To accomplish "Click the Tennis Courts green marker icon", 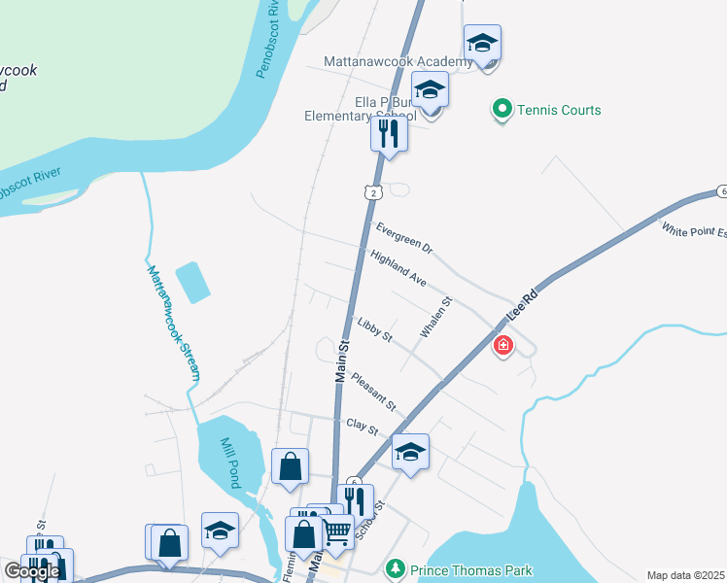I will [x=502, y=110].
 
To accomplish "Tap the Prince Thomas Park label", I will [x=470, y=570].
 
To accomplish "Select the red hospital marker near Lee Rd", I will [x=502, y=344].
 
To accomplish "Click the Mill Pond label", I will [x=230, y=448].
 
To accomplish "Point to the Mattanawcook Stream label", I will [x=173, y=323].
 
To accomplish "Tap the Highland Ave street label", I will [x=398, y=267].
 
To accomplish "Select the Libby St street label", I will [x=374, y=330].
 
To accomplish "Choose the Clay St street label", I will [x=362, y=425].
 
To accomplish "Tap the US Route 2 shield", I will [x=372, y=193].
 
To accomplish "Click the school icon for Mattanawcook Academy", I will [x=482, y=44].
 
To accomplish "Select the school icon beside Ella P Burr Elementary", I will [x=430, y=91].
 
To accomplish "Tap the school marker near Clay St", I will [x=410, y=453].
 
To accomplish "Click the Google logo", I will [x=32, y=571].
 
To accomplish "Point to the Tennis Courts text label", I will [x=559, y=110].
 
